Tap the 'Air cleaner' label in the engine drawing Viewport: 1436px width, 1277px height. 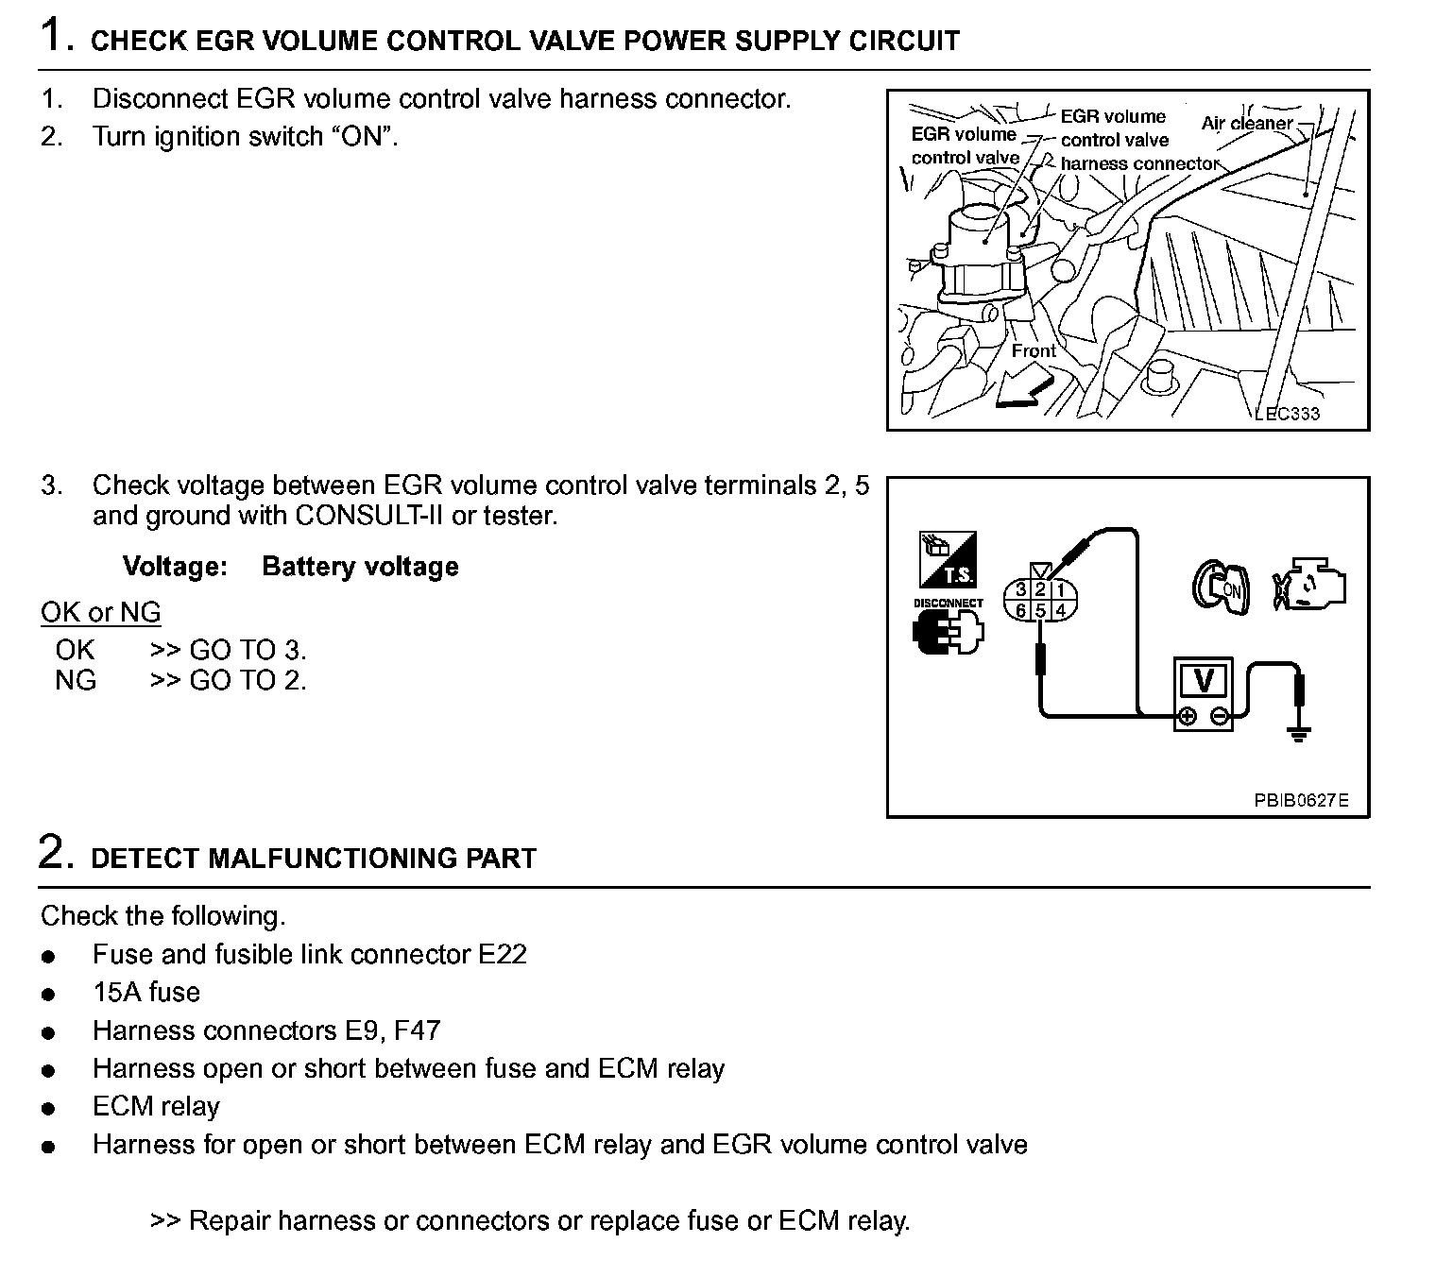(x=1246, y=124)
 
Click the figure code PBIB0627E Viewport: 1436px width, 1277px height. (x=1301, y=801)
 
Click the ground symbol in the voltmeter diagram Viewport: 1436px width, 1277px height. (x=1300, y=733)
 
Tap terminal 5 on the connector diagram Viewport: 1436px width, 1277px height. (x=1040, y=610)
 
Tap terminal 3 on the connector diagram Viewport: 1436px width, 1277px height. (x=1020, y=591)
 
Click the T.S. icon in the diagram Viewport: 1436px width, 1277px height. (x=948, y=559)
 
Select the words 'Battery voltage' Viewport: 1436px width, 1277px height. (x=360, y=567)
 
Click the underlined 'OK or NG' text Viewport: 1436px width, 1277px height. (x=101, y=612)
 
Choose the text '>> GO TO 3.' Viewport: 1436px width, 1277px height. (x=228, y=650)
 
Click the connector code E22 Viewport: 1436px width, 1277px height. (x=502, y=954)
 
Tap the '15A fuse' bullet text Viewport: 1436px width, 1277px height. (x=146, y=992)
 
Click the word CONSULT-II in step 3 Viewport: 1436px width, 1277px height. (x=364, y=516)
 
